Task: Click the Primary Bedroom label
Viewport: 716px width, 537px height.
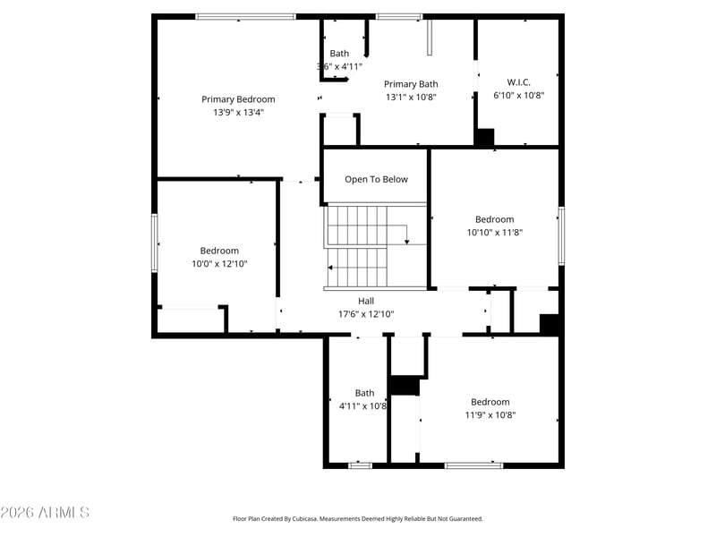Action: [x=238, y=99]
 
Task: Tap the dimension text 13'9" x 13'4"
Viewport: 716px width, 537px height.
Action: [x=238, y=113]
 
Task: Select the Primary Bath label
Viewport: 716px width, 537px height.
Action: [x=411, y=84]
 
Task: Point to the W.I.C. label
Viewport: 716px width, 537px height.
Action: [x=518, y=81]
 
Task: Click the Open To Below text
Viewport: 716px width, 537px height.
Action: [x=376, y=179]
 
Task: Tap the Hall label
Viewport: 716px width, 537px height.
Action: [x=366, y=301]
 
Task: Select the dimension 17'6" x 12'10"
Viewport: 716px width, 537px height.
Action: [x=366, y=314]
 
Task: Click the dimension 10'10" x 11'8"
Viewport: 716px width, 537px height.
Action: [x=494, y=232]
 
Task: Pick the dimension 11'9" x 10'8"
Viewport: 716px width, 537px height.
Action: [x=490, y=414]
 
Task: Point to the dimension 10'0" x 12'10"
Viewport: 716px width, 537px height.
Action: [x=219, y=264]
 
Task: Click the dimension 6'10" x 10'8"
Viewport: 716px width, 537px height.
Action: [x=518, y=95]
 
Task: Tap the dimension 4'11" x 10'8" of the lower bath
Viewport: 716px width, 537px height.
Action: [x=363, y=405]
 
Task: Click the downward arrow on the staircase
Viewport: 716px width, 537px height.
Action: [x=406, y=239]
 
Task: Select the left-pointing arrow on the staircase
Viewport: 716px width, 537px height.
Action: [x=331, y=267]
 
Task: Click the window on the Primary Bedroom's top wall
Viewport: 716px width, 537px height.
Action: [x=245, y=16]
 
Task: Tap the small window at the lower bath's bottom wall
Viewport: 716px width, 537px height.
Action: [x=360, y=465]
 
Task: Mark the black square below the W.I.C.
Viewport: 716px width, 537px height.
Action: [x=484, y=138]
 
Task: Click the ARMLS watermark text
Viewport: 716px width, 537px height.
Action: [x=45, y=513]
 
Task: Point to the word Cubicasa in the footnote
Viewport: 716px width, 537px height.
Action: [x=308, y=518]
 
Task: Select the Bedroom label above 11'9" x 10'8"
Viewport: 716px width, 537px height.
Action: [x=490, y=402]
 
